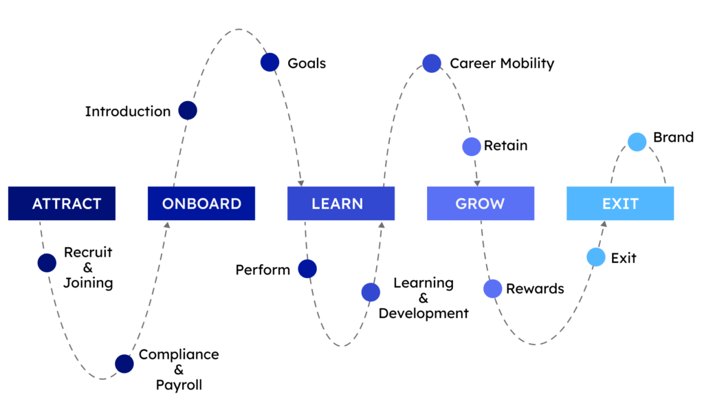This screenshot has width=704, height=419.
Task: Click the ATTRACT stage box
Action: point(62,204)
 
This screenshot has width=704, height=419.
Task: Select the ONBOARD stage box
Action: point(201,204)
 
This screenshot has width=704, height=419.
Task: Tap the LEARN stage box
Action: point(341,204)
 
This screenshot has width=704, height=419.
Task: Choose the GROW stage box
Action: point(481,204)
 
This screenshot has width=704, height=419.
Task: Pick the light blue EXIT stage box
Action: point(621,204)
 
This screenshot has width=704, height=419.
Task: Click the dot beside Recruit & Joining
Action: point(47,263)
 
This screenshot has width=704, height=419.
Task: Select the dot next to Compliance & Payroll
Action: point(124,364)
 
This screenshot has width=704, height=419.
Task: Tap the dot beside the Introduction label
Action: point(188,111)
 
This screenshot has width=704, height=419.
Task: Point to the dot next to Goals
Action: point(269,63)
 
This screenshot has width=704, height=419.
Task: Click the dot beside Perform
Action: point(307,269)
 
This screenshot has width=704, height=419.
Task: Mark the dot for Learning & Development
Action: point(371,292)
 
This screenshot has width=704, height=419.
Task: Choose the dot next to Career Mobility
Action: point(432,63)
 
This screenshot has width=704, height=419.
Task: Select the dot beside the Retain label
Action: point(472,147)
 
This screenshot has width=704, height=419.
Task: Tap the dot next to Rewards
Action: point(492,288)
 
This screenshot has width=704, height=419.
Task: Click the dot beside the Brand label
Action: point(637,142)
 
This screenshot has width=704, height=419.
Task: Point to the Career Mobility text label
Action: point(502,63)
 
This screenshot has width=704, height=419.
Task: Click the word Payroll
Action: point(179,385)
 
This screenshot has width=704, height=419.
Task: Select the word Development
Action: point(423,313)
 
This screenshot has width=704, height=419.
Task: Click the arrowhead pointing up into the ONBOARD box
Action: point(167,224)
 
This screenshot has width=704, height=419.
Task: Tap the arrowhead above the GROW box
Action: point(477,183)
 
